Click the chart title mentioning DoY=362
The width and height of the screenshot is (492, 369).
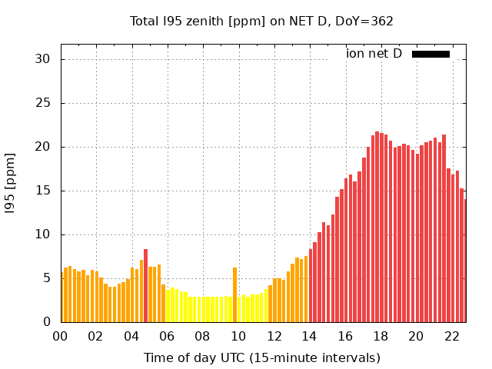[x=261, y=22]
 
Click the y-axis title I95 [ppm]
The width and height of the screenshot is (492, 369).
[x=11, y=183]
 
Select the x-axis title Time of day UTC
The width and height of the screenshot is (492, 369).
[x=261, y=357]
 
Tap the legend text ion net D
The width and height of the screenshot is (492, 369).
[x=374, y=54]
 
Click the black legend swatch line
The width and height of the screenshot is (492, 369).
[x=430, y=54]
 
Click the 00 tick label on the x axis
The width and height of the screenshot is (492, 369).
[x=61, y=337]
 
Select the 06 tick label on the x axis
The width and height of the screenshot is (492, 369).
[x=167, y=337]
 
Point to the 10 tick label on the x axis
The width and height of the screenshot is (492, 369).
[x=238, y=337]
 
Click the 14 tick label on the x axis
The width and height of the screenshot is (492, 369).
[x=309, y=337]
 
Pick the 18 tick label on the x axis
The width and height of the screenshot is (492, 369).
[x=380, y=337]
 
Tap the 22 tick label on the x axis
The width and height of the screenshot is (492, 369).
[x=451, y=337]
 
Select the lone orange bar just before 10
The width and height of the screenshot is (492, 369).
[x=234, y=295]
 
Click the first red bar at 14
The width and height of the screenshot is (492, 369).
[x=311, y=286]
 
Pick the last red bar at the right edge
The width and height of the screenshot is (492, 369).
[x=465, y=261]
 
